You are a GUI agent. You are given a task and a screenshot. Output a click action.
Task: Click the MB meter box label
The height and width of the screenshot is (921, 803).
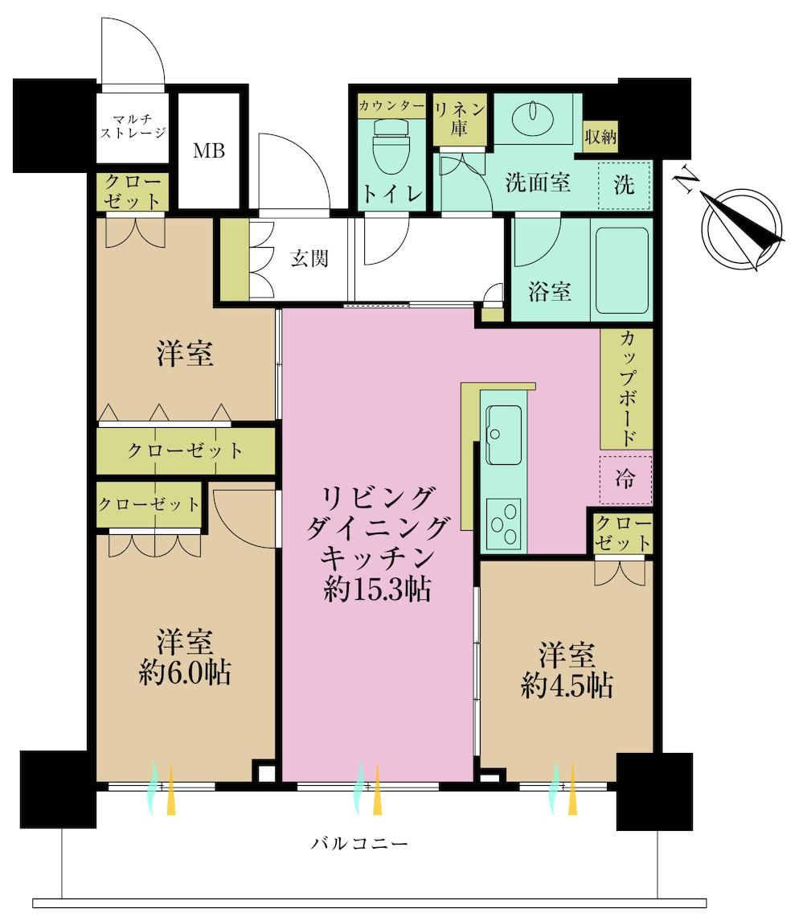209,151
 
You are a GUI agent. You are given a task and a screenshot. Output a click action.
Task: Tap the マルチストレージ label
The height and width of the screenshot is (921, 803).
133,126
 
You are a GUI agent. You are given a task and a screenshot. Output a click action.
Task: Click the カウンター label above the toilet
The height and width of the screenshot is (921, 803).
391,106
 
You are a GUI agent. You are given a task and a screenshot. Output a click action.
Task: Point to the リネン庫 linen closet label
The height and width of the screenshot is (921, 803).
460,119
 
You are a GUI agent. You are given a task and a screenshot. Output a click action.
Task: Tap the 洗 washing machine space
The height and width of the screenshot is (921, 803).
624,185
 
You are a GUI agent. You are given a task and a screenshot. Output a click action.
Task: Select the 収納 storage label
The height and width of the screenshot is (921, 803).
600,137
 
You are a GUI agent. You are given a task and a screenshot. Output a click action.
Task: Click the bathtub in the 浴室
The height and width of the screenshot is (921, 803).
622,271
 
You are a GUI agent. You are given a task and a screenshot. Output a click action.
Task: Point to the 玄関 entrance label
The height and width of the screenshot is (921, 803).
309,258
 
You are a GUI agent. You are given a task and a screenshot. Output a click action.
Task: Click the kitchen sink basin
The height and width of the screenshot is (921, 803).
504,434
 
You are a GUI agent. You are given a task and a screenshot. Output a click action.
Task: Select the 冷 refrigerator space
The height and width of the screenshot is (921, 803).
625,479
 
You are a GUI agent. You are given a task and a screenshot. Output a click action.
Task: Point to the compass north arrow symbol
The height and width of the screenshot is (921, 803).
744,225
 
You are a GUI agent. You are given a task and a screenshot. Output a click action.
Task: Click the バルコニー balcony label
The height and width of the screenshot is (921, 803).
359,844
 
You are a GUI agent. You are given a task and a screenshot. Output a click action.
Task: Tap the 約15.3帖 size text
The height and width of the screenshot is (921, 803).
378,589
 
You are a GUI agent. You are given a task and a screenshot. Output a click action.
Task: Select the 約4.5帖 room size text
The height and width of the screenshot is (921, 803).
567,685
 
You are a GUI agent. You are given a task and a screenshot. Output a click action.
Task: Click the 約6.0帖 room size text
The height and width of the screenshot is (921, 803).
185,672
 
